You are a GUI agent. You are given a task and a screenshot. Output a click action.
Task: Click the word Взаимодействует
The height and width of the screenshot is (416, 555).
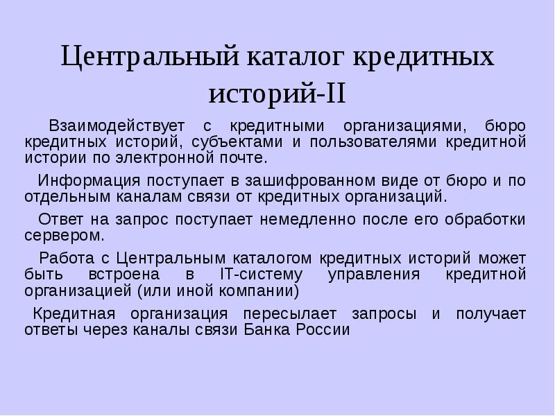tap(117, 126)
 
